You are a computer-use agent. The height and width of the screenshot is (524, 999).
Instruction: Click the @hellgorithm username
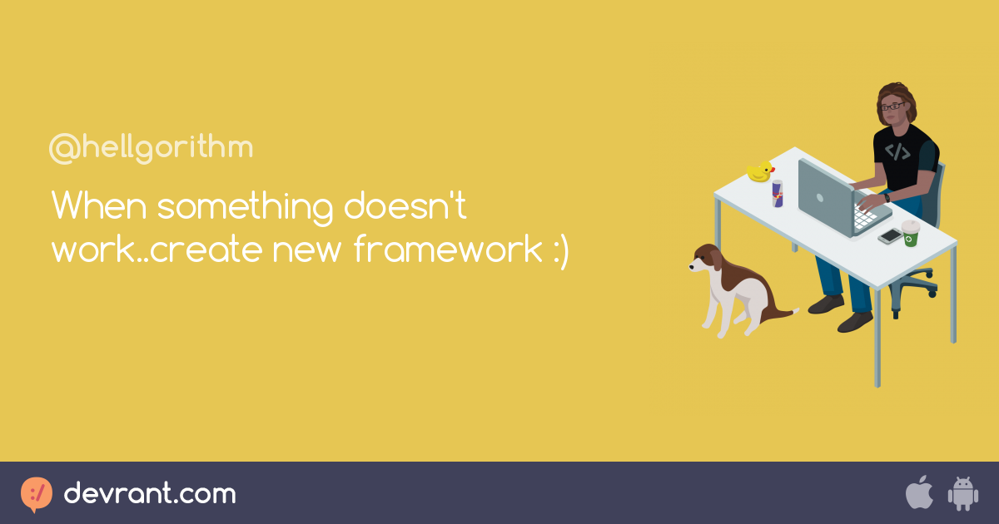tap(152, 147)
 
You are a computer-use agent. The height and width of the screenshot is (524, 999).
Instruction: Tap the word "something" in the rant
tap(245, 207)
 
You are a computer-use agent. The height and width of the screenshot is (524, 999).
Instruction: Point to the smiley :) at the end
tap(560, 251)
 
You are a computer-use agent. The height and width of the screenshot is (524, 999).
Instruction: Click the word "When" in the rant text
tap(99, 205)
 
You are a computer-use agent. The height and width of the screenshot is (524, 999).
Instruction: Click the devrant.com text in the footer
tap(150, 493)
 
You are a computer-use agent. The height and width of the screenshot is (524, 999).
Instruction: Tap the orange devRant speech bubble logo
tap(36, 494)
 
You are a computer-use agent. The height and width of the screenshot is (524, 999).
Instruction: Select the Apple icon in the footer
tap(919, 492)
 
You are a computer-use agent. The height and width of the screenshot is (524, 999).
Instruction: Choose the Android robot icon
tap(963, 493)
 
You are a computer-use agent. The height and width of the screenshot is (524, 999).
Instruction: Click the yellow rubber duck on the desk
tap(760, 171)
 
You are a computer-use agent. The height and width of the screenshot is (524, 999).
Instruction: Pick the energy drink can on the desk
tap(778, 193)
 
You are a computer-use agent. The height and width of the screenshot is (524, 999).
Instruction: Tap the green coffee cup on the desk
tap(911, 233)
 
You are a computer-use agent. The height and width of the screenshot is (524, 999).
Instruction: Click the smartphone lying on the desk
tap(890, 235)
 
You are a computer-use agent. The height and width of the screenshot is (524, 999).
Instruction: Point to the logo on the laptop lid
tap(820, 198)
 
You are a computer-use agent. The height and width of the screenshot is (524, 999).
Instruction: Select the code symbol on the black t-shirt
tap(897, 151)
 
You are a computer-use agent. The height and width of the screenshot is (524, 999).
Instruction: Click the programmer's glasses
tap(892, 106)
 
